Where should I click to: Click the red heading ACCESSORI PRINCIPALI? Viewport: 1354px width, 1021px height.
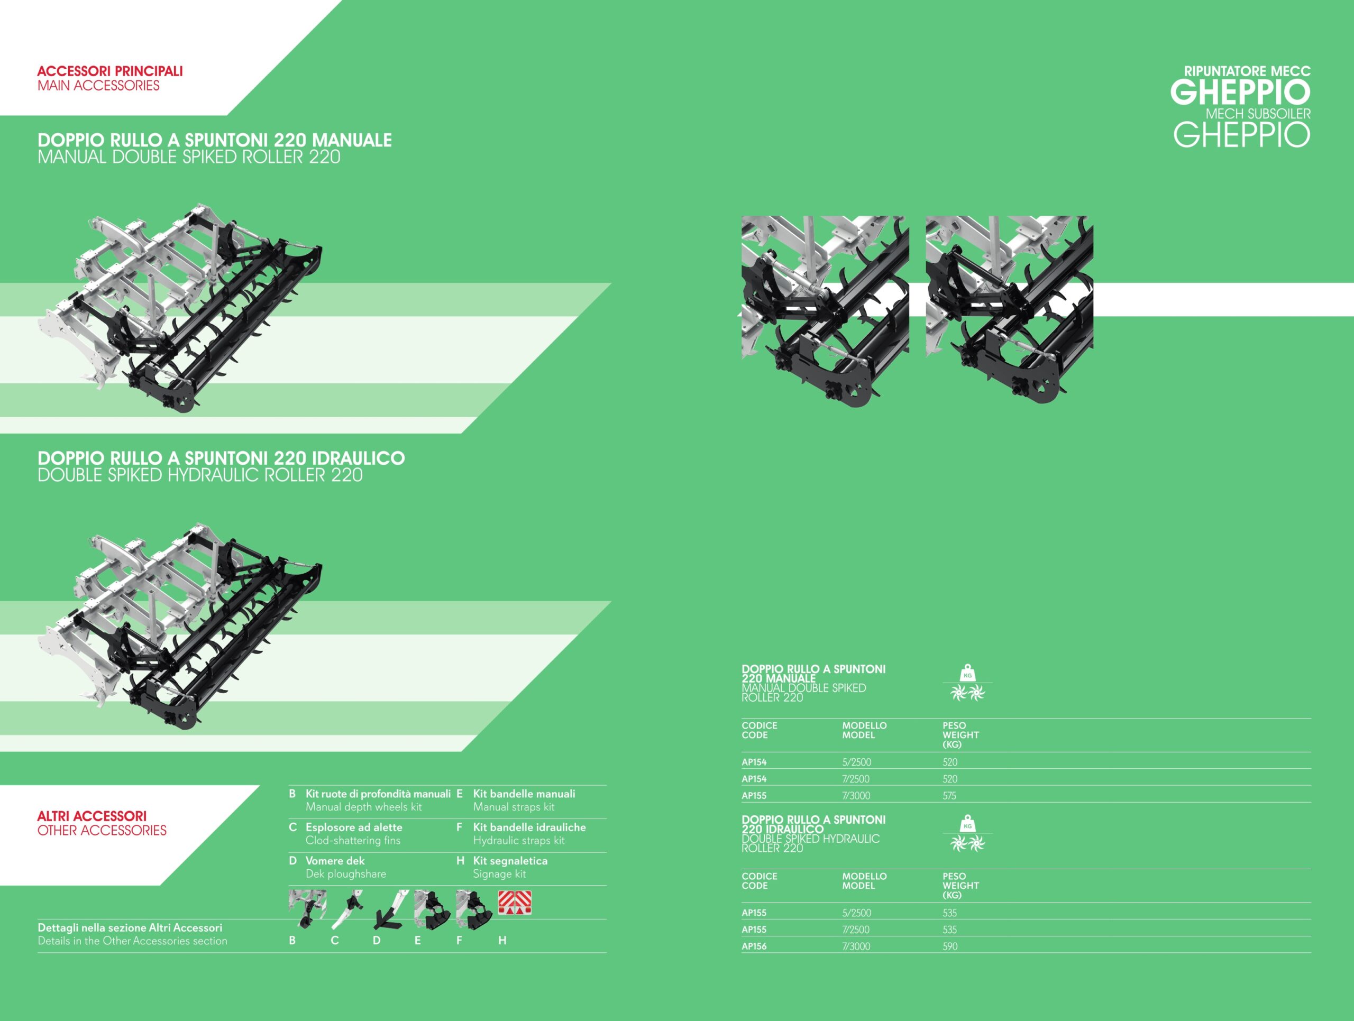coord(110,71)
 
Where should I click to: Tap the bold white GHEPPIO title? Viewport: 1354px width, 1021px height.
coord(1240,93)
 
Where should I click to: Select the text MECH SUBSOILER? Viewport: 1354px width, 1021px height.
coord(1258,114)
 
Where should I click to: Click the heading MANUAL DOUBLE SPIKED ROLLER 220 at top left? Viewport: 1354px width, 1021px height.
coord(189,157)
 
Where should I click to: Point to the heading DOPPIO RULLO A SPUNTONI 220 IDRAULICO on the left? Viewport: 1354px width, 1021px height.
coord(221,458)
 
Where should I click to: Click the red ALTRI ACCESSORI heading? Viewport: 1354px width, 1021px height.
coord(92,816)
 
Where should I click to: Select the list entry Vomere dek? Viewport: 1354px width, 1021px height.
coord(335,861)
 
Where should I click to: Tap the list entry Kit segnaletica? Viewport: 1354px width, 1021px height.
coord(510,861)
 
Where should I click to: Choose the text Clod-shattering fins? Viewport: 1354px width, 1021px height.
coord(353,841)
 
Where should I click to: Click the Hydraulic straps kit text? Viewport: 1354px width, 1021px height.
coord(518,841)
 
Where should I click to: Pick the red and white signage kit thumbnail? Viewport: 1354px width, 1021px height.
coord(514,903)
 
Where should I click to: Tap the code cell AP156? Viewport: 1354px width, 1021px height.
coord(754,946)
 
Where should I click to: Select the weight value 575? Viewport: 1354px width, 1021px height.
coord(949,796)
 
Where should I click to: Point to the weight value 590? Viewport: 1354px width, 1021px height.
coord(950,946)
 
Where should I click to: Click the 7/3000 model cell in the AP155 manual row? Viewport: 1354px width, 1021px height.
coord(856,796)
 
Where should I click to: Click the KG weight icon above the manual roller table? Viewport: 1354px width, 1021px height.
coord(967,673)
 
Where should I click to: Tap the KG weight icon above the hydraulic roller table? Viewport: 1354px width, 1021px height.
coord(967,823)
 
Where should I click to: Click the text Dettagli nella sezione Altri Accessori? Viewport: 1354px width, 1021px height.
coord(130,928)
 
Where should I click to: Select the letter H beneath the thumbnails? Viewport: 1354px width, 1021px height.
coord(502,940)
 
